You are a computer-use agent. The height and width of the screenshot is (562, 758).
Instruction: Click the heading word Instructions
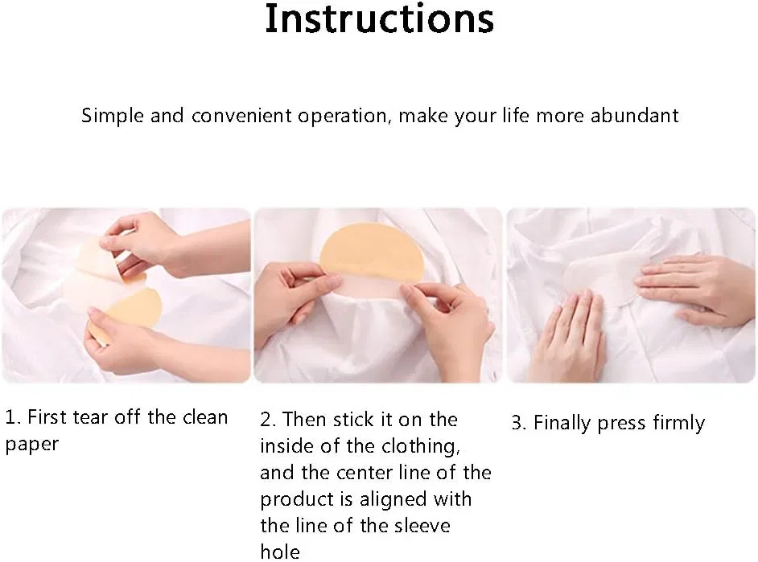pyautogui.click(x=380, y=18)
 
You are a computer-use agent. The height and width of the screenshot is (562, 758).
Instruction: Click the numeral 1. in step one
pyautogui.click(x=13, y=416)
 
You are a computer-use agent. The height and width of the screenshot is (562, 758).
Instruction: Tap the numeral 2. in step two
pyautogui.click(x=268, y=420)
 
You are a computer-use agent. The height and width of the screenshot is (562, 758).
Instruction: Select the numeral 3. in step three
pyautogui.click(x=519, y=423)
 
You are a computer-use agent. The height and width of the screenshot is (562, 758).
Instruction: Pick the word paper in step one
pyautogui.click(x=31, y=445)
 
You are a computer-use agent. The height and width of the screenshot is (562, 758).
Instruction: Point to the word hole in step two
pyautogui.click(x=280, y=552)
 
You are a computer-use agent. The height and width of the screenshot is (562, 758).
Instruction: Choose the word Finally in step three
pyautogui.click(x=562, y=424)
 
